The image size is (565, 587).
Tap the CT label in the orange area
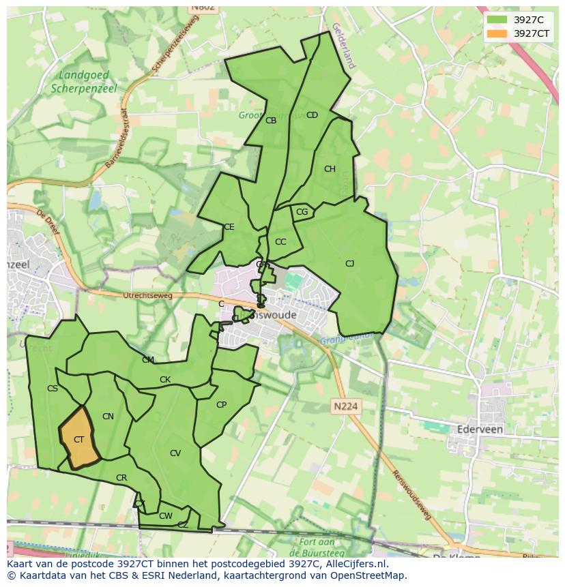tap(78, 440)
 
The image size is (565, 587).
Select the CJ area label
tap(349, 264)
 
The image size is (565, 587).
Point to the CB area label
tap(271, 121)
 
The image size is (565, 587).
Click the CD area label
tap(312, 115)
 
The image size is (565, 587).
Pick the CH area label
tap(330, 169)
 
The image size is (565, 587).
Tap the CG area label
tap(302, 212)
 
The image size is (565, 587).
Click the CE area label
tap(229, 227)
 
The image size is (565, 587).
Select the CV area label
tap(175, 453)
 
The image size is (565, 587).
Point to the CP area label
tap(221, 405)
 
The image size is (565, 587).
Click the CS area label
tap(53, 389)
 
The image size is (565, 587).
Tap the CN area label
tap(108, 417)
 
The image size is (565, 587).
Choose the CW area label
tap(165, 516)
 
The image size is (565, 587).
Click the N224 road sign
tap(347, 406)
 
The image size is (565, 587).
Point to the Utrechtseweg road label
tap(147, 296)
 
